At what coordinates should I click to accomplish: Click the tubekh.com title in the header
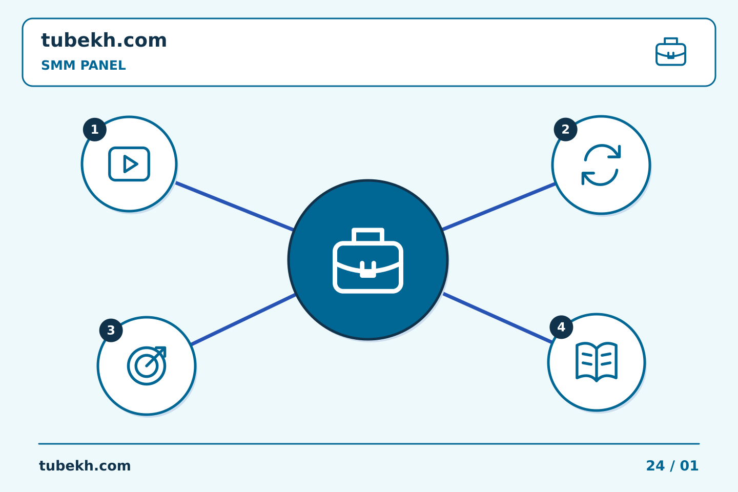[104, 40]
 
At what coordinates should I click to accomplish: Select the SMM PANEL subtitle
[84, 65]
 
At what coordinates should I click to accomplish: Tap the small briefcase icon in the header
[671, 52]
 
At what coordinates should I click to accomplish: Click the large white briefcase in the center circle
[368, 260]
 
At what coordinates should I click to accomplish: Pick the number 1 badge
[94, 130]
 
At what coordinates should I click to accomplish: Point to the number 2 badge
[565, 130]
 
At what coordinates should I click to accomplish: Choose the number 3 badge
[111, 330]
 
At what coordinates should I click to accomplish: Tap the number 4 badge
[561, 327]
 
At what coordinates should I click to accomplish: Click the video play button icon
[129, 164]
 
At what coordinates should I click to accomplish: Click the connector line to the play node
[234, 206]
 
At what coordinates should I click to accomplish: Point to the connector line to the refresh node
[499, 207]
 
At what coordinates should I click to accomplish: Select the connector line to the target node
[243, 320]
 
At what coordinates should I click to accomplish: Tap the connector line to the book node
[498, 318]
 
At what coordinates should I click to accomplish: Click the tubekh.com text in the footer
[85, 466]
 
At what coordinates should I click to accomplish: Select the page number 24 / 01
[672, 466]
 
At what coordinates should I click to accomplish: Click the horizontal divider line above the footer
[369, 444]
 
